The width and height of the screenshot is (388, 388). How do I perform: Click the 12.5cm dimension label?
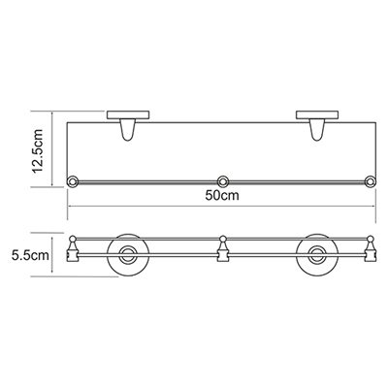[38, 150]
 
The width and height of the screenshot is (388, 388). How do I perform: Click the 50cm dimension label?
[222, 195]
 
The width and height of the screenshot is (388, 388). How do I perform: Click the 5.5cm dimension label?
[30, 255]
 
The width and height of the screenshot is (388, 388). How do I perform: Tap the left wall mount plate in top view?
[127, 115]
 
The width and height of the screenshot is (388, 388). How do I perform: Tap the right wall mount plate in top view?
[317, 115]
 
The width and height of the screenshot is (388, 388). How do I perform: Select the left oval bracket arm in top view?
[127, 130]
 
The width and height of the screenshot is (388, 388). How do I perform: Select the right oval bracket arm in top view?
[317, 130]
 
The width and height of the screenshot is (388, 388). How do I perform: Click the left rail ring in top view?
[73, 181]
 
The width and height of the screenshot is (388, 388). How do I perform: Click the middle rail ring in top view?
[222, 181]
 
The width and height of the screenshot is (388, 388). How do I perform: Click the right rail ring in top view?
[371, 181]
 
